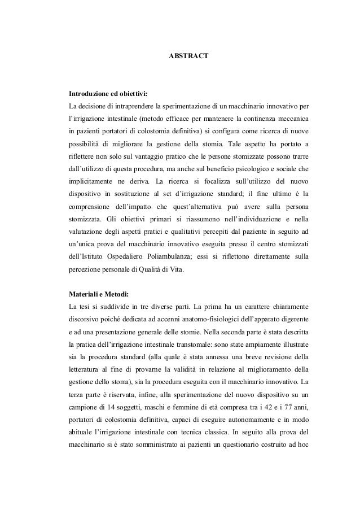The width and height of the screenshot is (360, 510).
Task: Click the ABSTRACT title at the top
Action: click(x=189, y=57)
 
